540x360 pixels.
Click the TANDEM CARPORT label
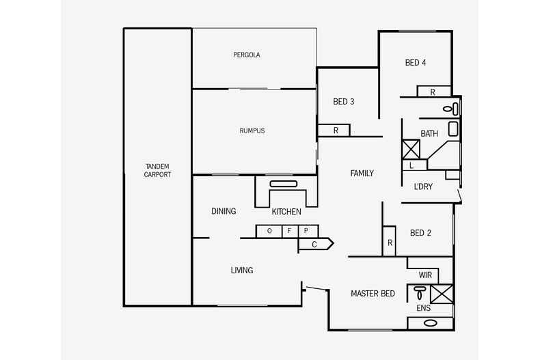click(x=157, y=170)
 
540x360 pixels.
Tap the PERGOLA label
click(x=246, y=55)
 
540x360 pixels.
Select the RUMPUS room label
click(x=252, y=130)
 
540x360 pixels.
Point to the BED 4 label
click(x=416, y=63)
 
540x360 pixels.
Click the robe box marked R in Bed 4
click(x=433, y=92)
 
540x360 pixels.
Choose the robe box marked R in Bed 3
click(x=335, y=130)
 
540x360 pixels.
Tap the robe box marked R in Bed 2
click(x=390, y=243)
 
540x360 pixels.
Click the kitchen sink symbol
click(x=282, y=184)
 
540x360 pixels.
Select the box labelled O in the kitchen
click(x=269, y=231)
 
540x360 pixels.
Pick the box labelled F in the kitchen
click(x=289, y=231)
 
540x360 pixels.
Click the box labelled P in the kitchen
click(x=306, y=231)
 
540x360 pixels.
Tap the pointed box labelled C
click(x=315, y=244)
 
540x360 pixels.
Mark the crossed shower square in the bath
click(x=410, y=148)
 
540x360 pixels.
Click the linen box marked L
click(x=411, y=165)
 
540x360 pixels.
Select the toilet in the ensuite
click(x=419, y=293)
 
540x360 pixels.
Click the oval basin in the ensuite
click(x=431, y=322)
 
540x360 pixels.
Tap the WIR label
click(x=425, y=275)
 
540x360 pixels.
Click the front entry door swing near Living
click(x=315, y=290)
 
